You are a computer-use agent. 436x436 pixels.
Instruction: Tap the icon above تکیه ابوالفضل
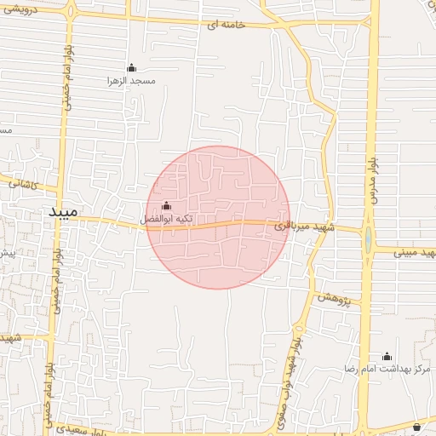coord(165,205)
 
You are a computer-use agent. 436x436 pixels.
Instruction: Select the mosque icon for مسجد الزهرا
coord(131,68)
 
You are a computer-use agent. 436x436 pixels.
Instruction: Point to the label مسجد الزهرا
coord(131,80)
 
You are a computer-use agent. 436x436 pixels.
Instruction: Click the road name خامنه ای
coord(225,25)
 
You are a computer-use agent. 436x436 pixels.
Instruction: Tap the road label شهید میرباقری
coord(307,227)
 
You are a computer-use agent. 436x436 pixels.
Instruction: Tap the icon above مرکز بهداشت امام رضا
coord(387,356)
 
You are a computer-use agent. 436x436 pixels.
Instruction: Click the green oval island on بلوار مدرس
coord(368,241)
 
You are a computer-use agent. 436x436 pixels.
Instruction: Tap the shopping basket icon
coord(416,427)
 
